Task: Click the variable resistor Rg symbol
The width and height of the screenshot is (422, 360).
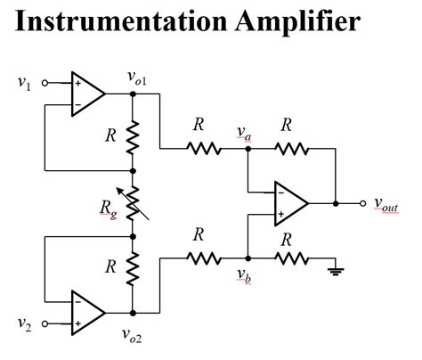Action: (x=133, y=203)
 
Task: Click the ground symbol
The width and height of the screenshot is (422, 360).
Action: (x=337, y=268)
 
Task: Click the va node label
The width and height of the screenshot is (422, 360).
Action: (x=243, y=133)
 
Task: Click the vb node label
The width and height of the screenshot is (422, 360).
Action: (x=243, y=274)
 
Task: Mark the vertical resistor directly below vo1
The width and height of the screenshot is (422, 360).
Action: (x=133, y=136)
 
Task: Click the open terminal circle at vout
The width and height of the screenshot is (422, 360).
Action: (x=362, y=203)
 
